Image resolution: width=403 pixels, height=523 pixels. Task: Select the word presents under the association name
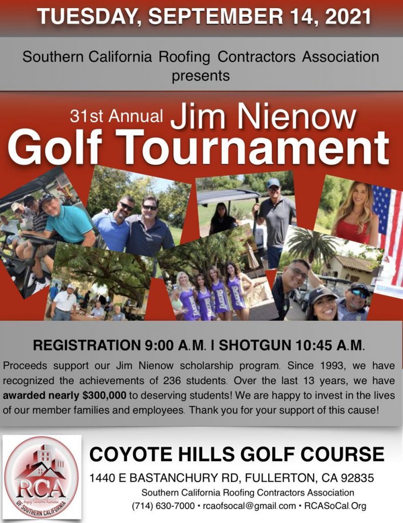point(201,76)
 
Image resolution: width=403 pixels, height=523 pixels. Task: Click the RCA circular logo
point(41,476)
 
